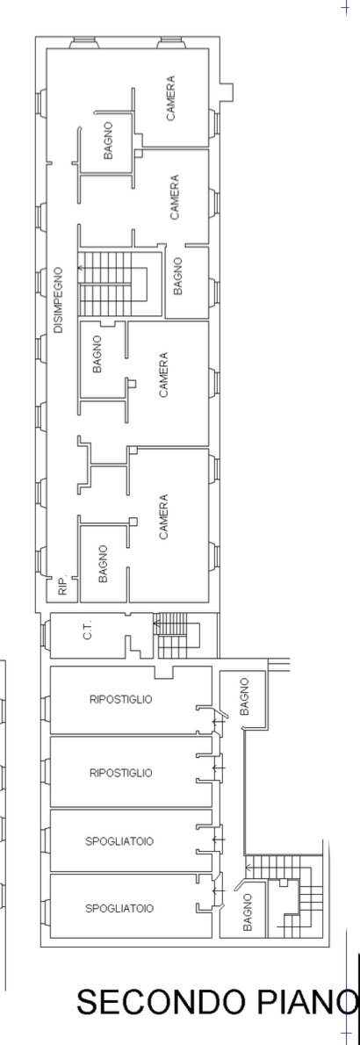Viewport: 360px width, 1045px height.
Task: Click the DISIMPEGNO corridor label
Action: pos(59,300)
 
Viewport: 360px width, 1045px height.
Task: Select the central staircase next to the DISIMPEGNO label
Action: pos(120,284)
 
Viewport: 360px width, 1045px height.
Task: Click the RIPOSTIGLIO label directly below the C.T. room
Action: pos(120,699)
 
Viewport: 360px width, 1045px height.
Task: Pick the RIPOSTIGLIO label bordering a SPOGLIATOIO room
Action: pos(120,773)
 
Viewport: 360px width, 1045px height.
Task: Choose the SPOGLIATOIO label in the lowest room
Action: pos(120,908)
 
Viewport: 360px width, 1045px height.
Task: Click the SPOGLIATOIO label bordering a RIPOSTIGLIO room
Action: pos(120,842)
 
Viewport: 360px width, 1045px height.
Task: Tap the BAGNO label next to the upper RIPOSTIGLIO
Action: pos(245,696)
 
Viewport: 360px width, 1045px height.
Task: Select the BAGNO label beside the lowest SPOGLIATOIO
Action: pos(248,912)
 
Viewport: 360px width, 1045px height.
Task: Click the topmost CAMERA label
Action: pos(171,98)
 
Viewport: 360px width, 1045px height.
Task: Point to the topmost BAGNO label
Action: pos(108,140)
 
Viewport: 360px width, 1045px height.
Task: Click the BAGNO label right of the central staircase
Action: pos(177,276)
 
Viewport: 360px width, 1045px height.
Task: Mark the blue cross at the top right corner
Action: pos(345,7)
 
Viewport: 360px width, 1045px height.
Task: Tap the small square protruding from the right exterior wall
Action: pos(227,92)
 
